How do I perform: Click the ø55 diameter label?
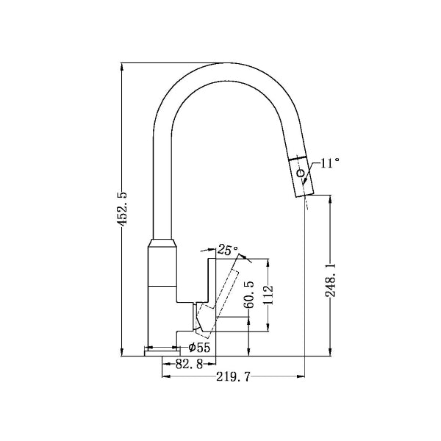point(199,348)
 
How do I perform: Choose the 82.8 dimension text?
point(189,365)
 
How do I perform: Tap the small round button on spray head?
point(300,174)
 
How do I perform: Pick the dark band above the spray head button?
point(298,159)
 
